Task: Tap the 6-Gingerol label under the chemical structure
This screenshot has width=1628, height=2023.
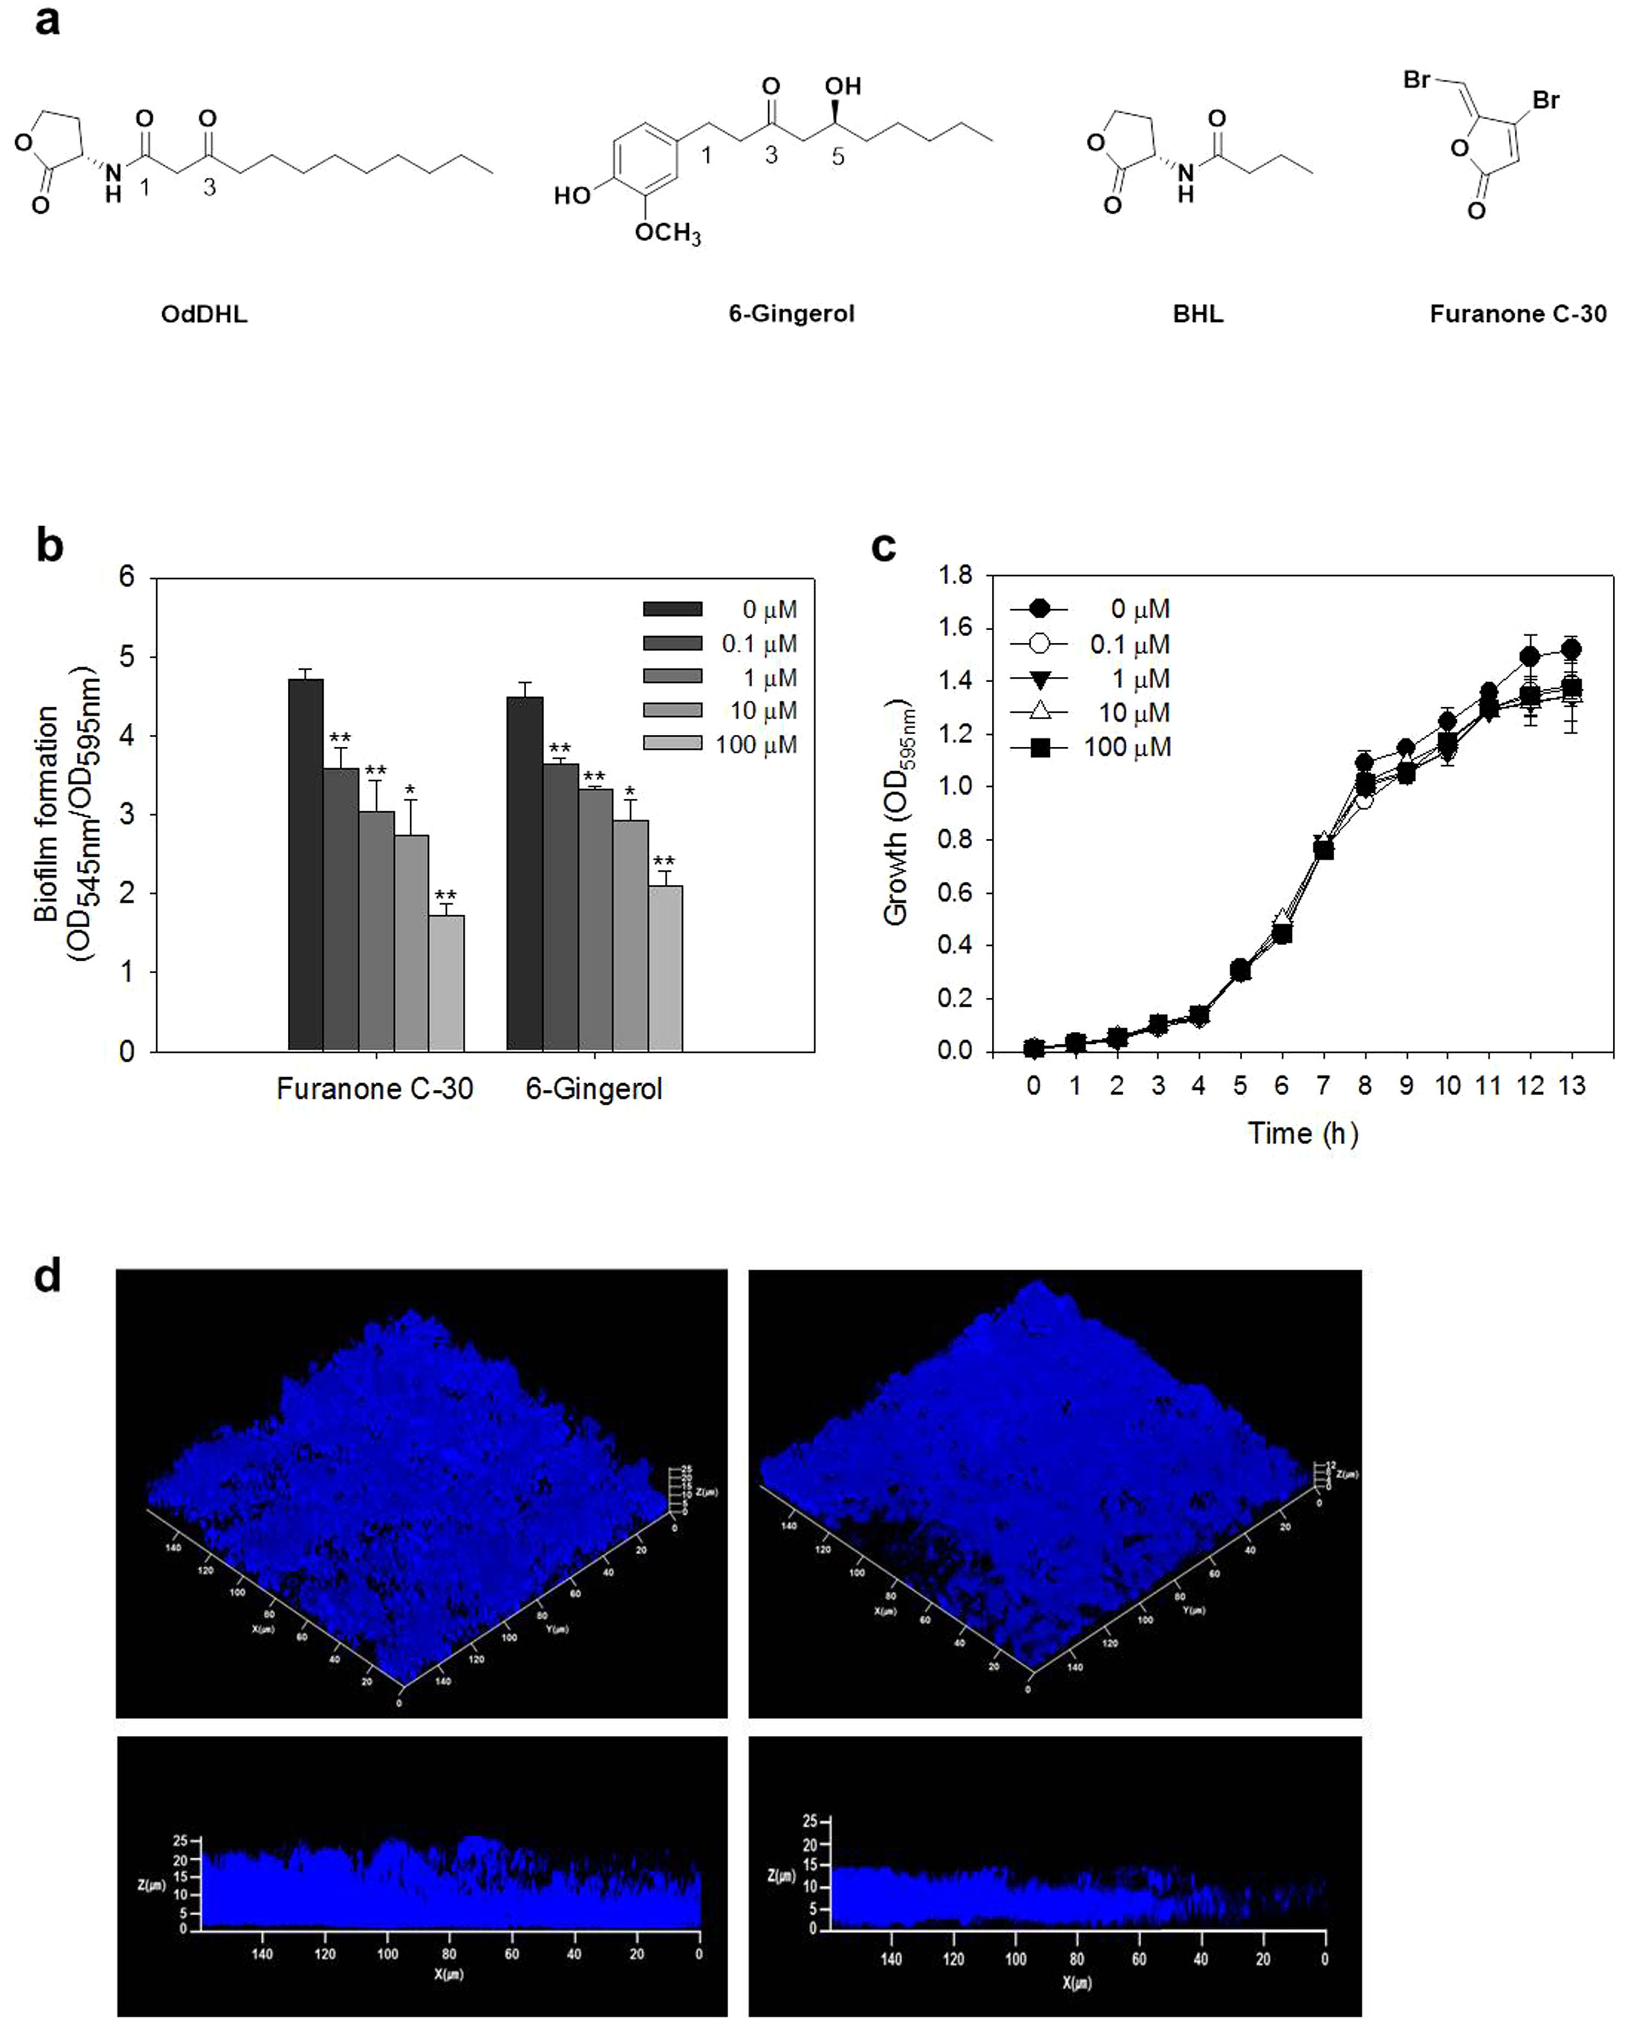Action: point(791,313)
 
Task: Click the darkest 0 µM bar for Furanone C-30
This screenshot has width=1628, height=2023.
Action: point(305,863)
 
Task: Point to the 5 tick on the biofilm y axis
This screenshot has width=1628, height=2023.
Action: point(127,657)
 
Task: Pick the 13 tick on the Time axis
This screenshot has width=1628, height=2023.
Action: point(1572,1085)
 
